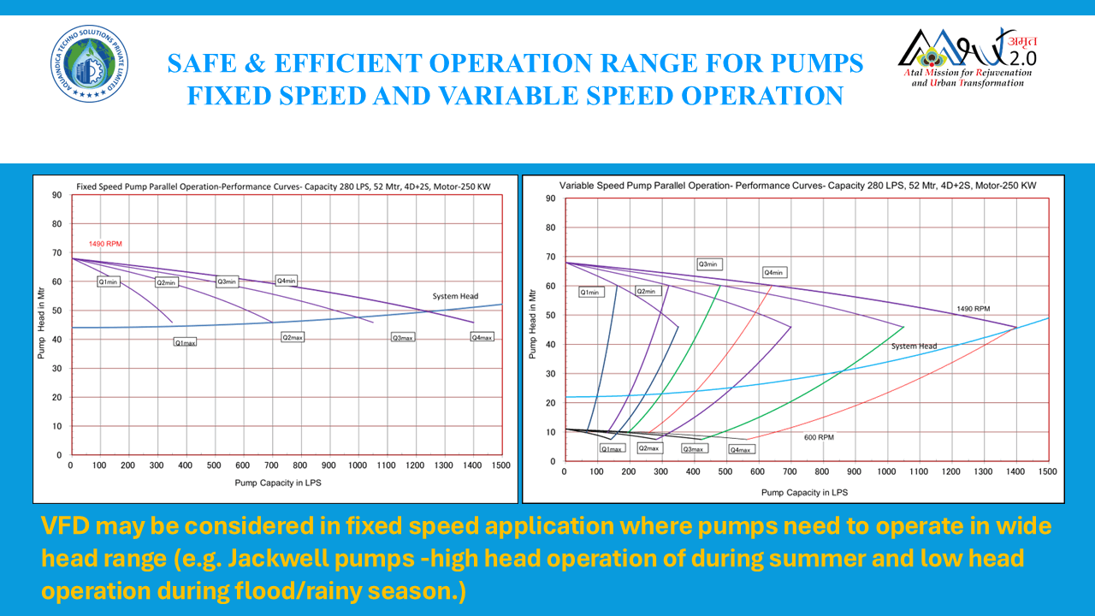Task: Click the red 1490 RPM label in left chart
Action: coord(105,244)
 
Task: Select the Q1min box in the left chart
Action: coord(108,281)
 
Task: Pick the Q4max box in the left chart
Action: coord(482,337)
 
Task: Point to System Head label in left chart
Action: coord(455,296)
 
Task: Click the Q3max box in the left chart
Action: coord(403,337)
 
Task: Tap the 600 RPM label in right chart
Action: coord(818,437)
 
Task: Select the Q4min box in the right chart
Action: coord(772,273)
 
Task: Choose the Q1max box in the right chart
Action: coord(612,448)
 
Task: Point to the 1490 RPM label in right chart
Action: coord(973,309)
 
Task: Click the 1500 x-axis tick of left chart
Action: coord(500,465)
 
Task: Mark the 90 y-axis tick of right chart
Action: coord(550,198)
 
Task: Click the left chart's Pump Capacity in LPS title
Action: coord(278,483)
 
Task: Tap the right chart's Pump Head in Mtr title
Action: coord(532,322)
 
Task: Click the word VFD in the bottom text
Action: coord(65,527)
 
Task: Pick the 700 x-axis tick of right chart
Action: coord(790,471)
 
